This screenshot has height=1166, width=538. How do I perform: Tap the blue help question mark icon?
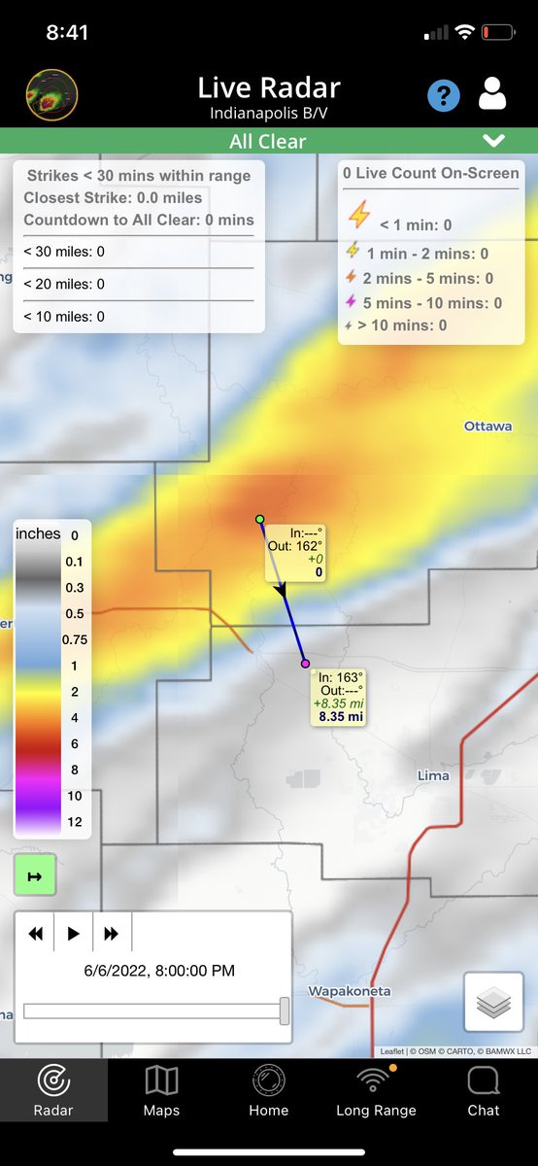(x=444, y=95)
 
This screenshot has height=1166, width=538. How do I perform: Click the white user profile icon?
(x=492, y=94)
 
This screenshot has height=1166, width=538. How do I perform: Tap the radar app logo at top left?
(x=51, y=94)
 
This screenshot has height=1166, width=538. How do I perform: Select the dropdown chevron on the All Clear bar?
(x=493, y=141)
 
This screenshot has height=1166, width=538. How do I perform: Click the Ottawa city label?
(x=488, y=427)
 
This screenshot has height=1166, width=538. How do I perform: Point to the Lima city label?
(x=432, y=776)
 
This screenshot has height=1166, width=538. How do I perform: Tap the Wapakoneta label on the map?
(x=350, y=991)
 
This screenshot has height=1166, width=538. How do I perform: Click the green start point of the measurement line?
(x=259, y=520)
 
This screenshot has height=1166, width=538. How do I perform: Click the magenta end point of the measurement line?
(x=305, y=664)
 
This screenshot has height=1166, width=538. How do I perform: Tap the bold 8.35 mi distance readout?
(x=341, y=717)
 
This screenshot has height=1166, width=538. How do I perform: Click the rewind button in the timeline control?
(x=36, y=934)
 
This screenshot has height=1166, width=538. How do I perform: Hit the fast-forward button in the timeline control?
(x=112, y=934)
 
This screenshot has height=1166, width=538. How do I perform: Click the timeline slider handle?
(x=285, y=1011)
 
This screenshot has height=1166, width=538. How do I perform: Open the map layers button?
(x=494, y=1002)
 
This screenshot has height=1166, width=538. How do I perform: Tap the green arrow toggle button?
(x=35, y=877)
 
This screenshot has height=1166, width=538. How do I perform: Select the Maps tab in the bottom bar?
(x=161, y=1090)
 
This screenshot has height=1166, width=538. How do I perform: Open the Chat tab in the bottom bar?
(x=483, y=1090)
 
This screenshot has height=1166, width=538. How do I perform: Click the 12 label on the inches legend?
(x=74, y=822)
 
